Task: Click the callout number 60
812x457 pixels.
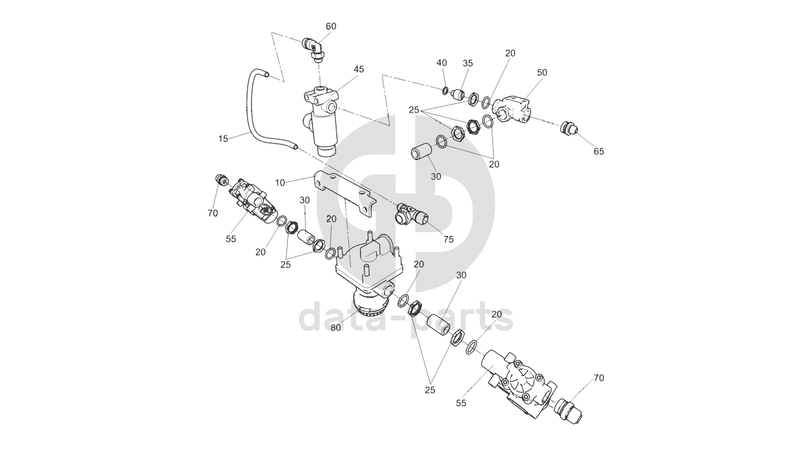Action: (331, 26)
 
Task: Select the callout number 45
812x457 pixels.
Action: (358, 69)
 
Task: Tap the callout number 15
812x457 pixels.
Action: (224, 138)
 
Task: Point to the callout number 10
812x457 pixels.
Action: (280, 182)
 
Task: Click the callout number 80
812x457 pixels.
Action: (336, 329)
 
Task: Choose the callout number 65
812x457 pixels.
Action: (599, 151)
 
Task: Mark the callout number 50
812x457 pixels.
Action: (542, 72)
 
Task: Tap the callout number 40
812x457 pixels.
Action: (442, 63)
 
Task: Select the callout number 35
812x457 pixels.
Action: (467, 63)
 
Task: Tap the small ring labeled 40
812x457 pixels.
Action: (445, 92)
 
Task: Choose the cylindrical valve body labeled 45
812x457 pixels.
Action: (325, 121)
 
